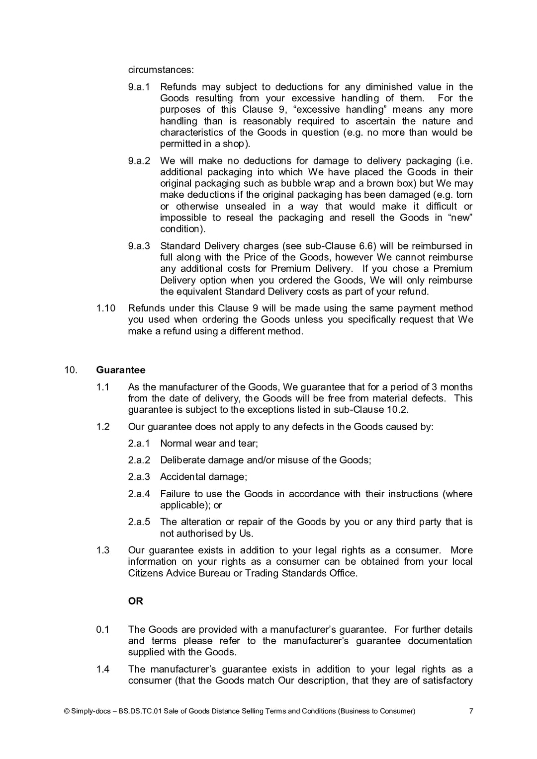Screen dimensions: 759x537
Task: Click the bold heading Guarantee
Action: (120, 370)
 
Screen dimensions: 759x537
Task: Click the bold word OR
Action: (135, 601)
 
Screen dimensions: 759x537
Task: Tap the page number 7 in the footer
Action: (471, 711)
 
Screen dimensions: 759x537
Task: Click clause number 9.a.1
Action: (139, 87)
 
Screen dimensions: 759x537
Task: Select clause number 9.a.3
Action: (139, 246)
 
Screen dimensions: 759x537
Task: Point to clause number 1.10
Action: (105, 308)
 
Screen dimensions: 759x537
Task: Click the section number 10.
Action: (71, 370)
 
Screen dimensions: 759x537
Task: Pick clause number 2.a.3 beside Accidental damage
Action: (139, 477)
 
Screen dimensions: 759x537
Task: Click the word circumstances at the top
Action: (161, 70)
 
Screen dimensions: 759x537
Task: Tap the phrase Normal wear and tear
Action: (208, 444)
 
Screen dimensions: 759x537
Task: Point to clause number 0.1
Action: (102, 630)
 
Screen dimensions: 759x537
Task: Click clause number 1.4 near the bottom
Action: (102, 670)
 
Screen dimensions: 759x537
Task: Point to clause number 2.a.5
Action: (139, 522)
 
